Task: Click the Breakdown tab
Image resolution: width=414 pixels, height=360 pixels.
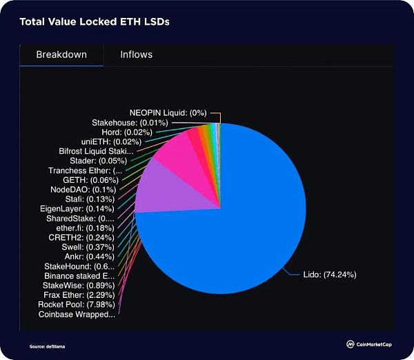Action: [61, 54]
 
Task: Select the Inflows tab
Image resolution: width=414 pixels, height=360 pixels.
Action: [136, 54]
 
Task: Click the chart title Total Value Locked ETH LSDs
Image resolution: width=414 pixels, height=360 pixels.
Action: [95, 22]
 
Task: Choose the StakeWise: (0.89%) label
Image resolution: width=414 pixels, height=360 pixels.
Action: [75, 285]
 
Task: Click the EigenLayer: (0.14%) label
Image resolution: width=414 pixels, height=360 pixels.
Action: [72, 208]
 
